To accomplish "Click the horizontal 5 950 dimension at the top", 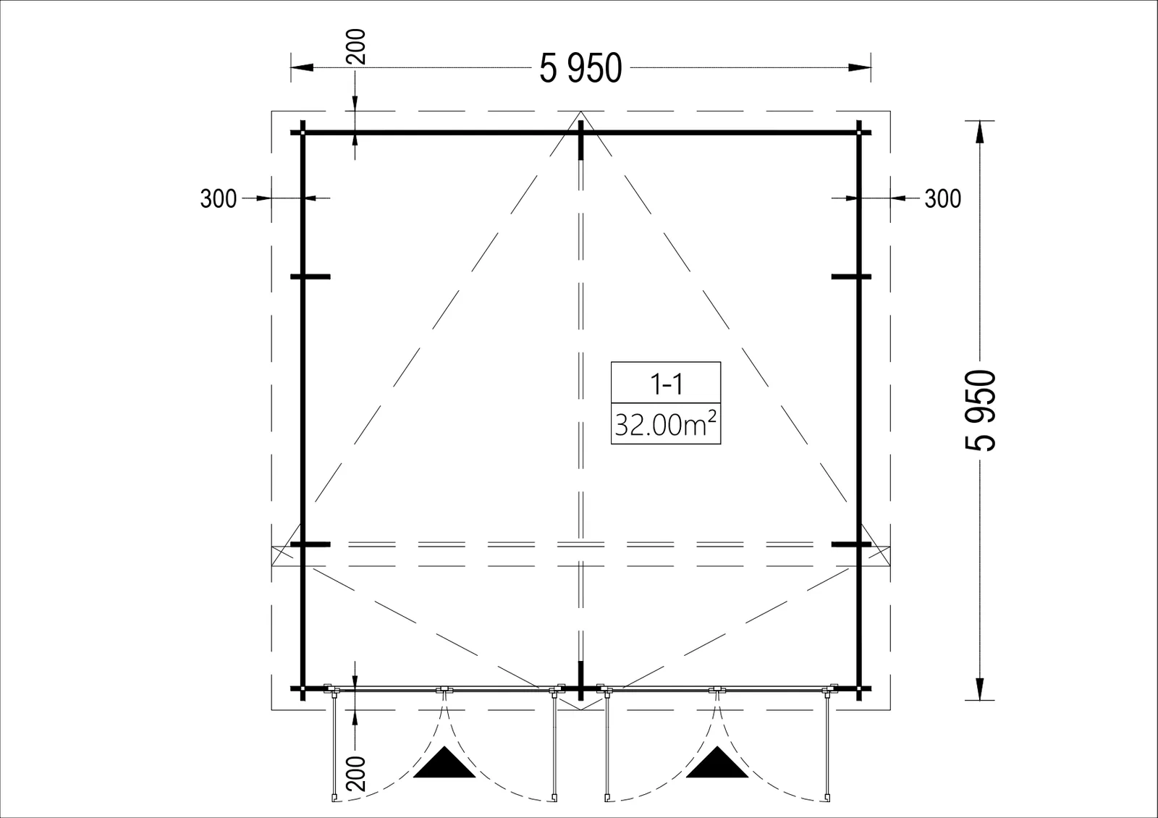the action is coord(580,68).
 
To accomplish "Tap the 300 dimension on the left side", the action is coord(218,198).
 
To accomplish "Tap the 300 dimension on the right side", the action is coord(943,198).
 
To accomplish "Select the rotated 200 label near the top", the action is coord(355,46).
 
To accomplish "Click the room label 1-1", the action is coord(666,384).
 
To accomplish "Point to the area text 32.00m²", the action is coord(665,424).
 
